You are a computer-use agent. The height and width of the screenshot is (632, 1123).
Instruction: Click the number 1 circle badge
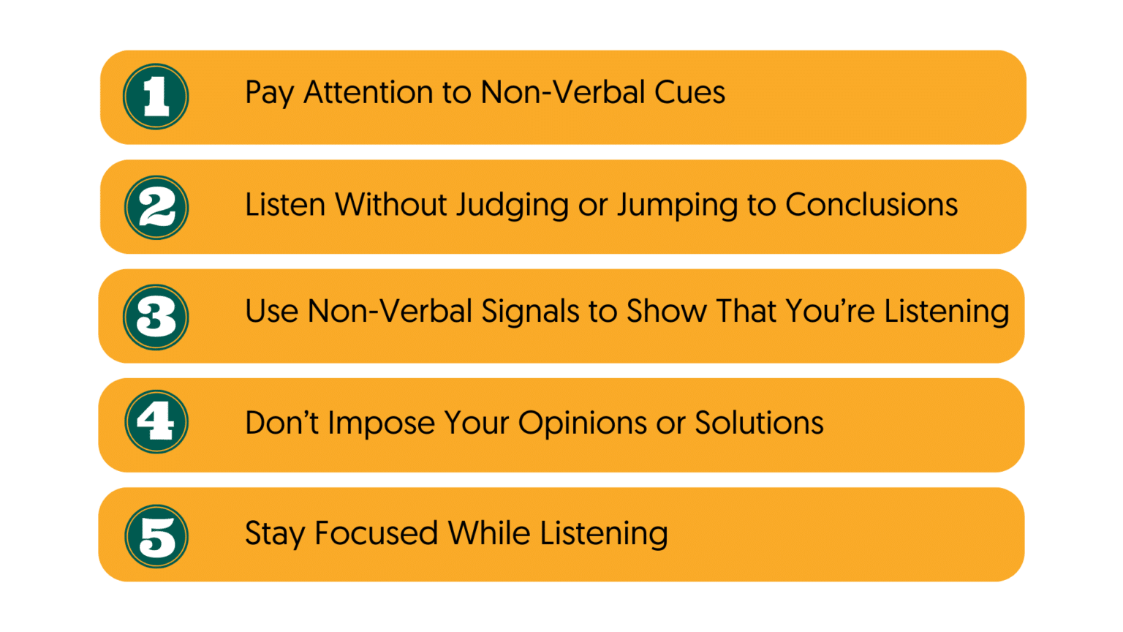(156, 97)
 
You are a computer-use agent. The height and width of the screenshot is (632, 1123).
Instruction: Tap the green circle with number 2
(156, 208)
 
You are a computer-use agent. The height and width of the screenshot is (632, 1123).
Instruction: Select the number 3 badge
(156, 317)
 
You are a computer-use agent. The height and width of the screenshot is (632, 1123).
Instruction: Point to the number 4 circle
(156, 422)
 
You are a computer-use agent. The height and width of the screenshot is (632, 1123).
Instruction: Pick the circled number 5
(156, 536)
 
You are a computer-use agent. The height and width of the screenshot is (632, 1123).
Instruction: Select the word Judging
(512, 206)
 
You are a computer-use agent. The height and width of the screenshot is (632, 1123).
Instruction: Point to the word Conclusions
(871, 205)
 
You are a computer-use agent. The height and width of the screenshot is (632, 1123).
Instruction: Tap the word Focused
(376, 533)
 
